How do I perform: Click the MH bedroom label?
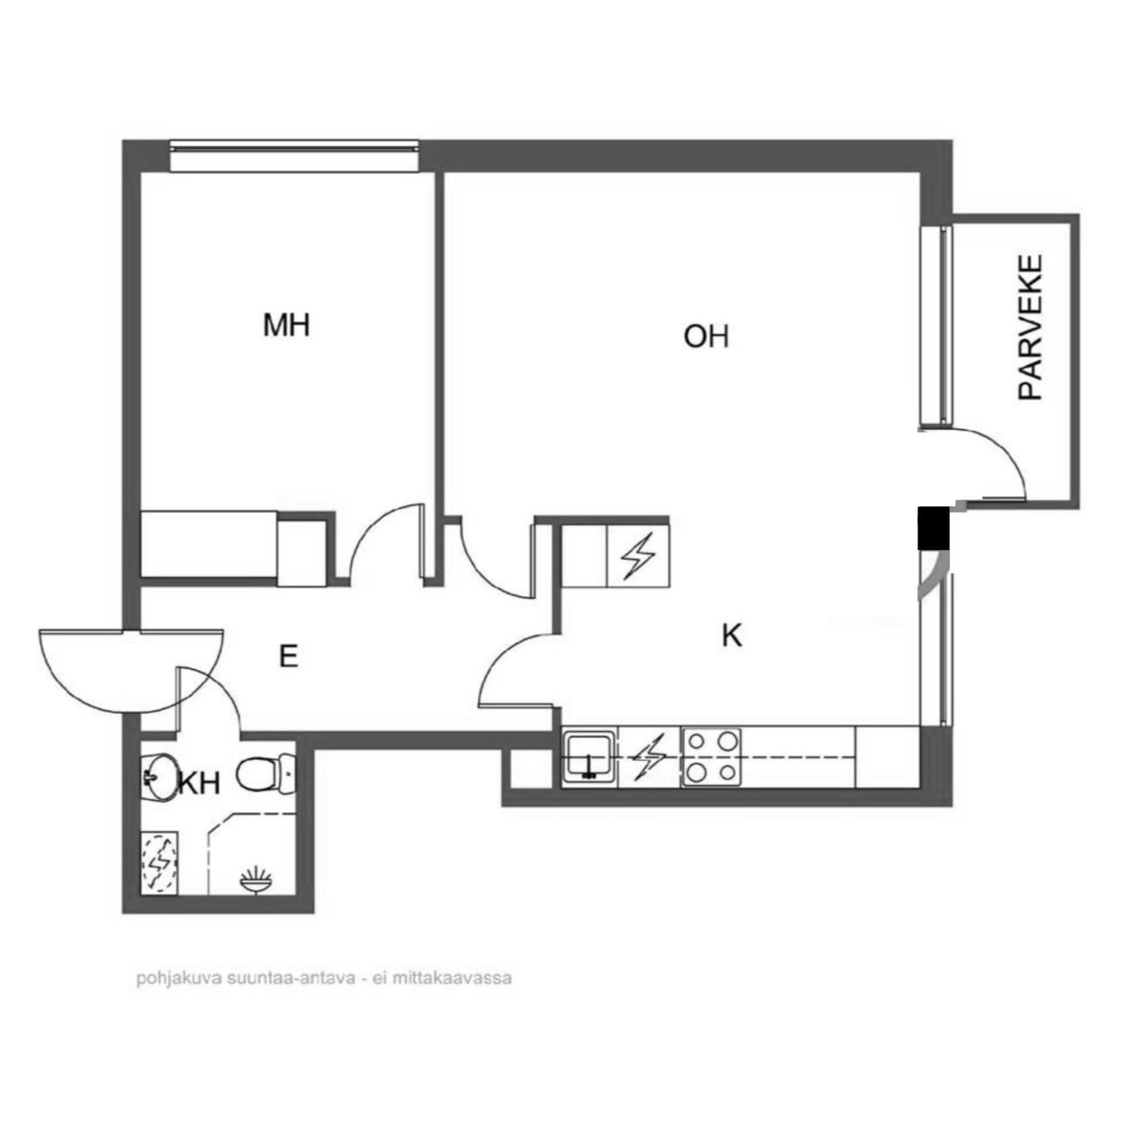(286, 325)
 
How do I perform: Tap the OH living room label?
(706, 337)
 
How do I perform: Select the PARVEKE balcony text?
(1030, 327)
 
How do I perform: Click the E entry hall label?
(288, 657)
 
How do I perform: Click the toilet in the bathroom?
(266, 773)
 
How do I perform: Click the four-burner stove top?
(711, 756)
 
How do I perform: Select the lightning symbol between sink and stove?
(649, 756)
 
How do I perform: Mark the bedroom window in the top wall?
(294, 155)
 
